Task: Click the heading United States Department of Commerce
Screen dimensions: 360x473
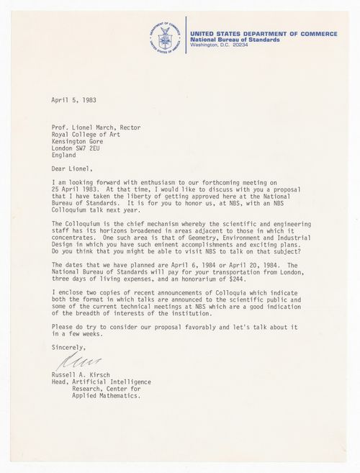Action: coord(264,34)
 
